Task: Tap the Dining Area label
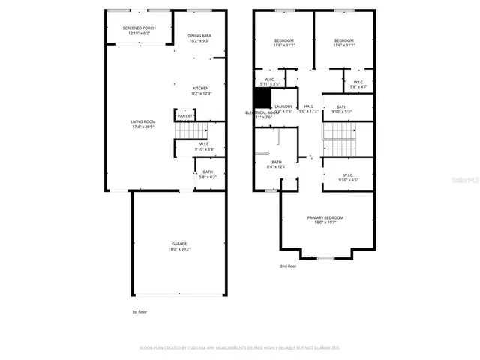199,38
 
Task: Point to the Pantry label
186,116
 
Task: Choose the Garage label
178,246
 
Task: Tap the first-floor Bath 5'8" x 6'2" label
208,175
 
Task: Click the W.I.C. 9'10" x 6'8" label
204,146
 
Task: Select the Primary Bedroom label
325,220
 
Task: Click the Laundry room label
283,109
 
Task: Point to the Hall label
309,109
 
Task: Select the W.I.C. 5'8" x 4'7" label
358,84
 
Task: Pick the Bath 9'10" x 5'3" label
341,109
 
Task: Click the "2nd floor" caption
289,266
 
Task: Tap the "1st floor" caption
139,311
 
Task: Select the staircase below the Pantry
184,132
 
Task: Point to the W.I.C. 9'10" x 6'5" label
349,178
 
